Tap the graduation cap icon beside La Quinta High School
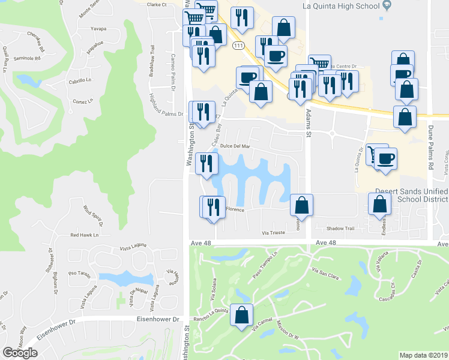coord(387,6)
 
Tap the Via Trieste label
coord(273,233)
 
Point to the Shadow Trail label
coord(341,229)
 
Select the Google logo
coord(20,352)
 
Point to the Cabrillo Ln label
coord(80,80)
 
